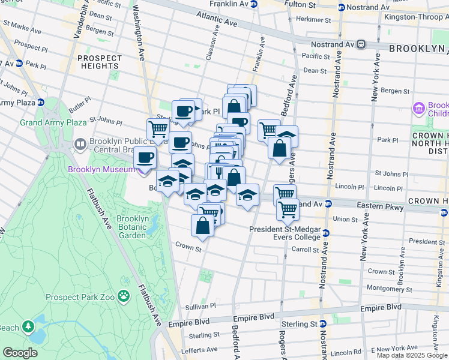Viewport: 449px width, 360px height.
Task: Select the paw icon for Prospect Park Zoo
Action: click(x=124, y=295)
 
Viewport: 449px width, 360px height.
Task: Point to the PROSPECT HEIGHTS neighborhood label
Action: click(x=99, y=63)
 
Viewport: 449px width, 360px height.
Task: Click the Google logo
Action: click(x=20, y=353)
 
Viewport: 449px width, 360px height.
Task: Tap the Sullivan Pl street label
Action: click(x=199, y=306)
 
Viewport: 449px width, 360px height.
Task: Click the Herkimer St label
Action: click(x=309, y=20)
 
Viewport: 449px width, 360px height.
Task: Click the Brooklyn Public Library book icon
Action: click(x=79, y=144)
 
